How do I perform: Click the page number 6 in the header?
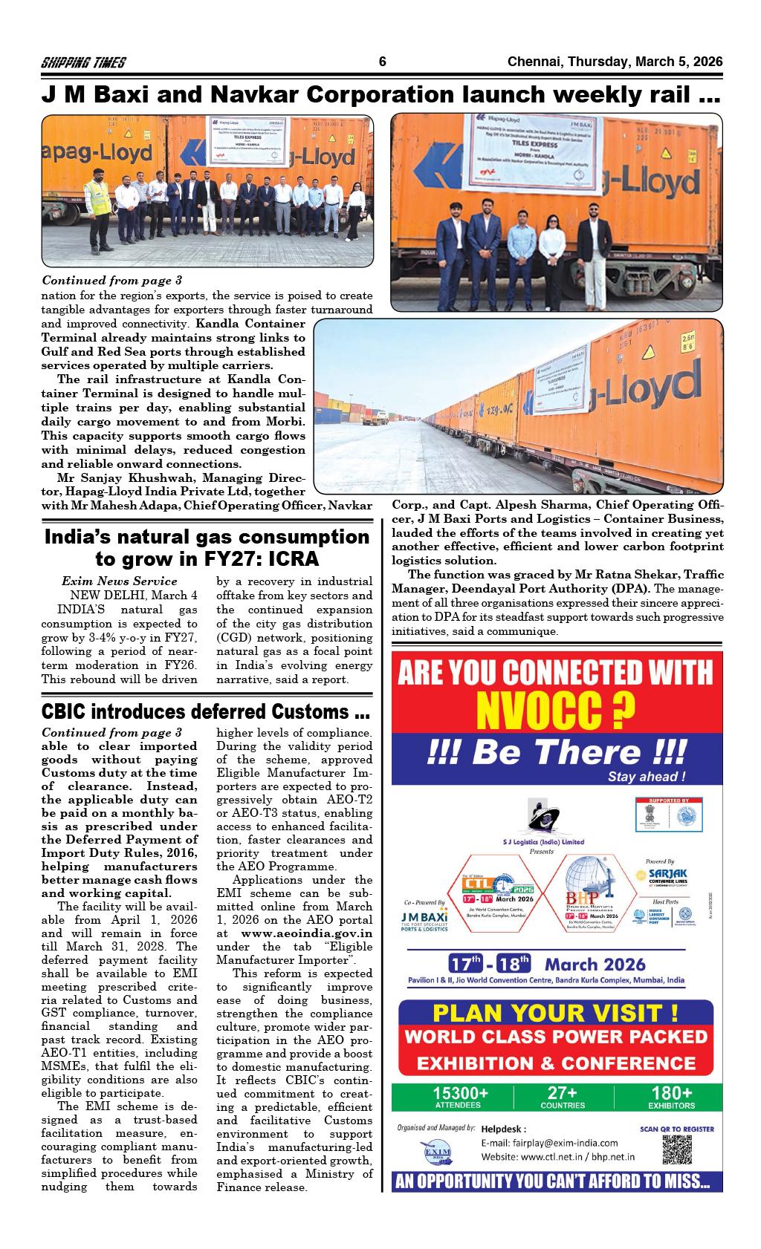382,62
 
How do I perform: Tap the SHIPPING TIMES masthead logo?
83,63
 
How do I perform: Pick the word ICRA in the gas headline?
292,558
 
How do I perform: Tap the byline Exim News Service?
120,581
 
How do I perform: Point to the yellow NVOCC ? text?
556,711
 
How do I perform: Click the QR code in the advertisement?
676,1149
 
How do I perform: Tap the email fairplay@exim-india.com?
549,1143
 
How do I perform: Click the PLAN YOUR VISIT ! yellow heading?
555,1013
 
